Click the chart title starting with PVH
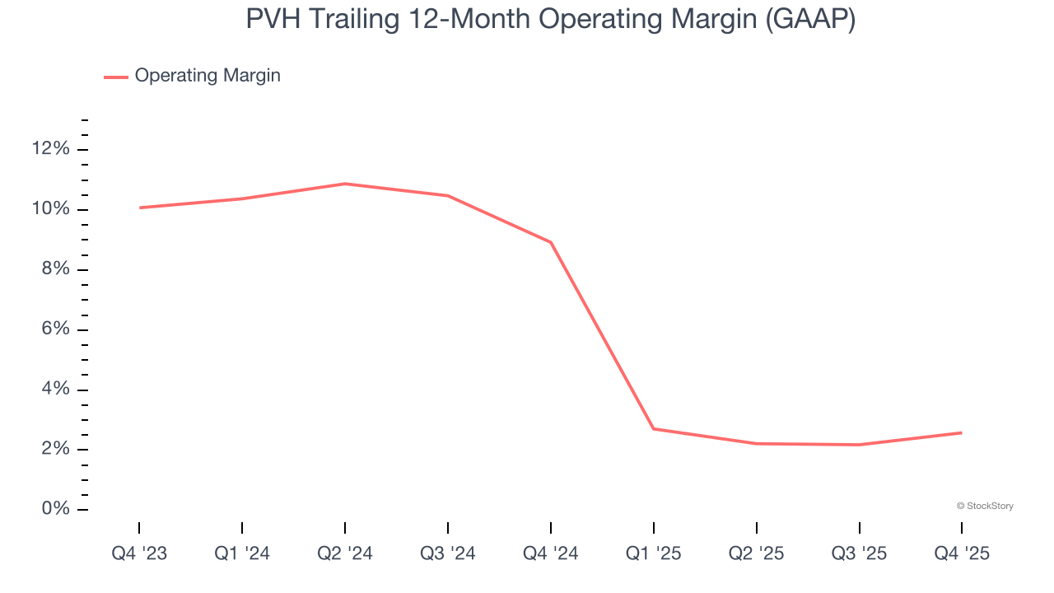pyautogui.click(x=550, y=20)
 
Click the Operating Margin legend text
pyautogui.click(x=208, y=76)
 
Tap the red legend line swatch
pyautogui.click(x=116, y=77)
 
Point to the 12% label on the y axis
pyautogui.click(x=51, y=149)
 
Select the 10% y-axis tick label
pyautogui.click(x=51, y=209)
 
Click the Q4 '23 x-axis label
pyautogui.click(x=139, y=554)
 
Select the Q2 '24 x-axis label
pyautogui.click(x=345, y=554)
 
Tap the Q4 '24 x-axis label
pyautogui.click(x=551, y=554)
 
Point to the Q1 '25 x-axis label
pyautogui.click(x=654, y=554)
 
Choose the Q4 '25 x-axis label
pyautogui.click(x=962, y=554)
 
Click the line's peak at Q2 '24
pyautogui.click(x=345, y=184)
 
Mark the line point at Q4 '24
pyautogui.click(x=551, y=242)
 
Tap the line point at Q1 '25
pyautogui.click(x=654, y=428)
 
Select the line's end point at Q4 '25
pyautogui.click(x=961, y=432)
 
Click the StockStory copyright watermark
pyautogui.click(x=985, y=506)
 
